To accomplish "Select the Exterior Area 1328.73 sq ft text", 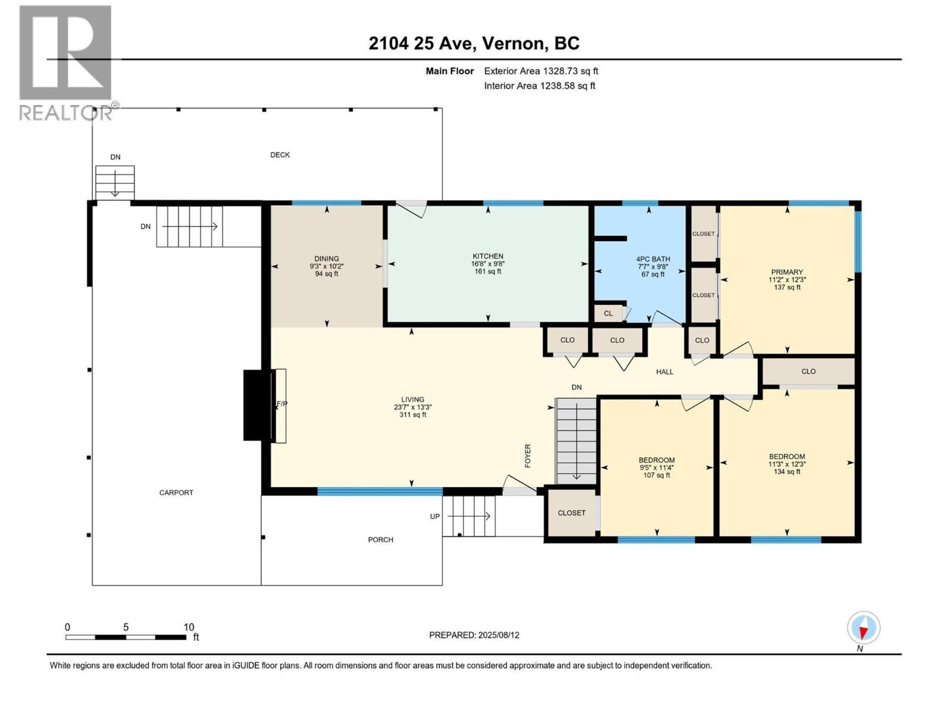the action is (x=541, y=71).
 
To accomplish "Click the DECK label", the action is (x=280, y=155).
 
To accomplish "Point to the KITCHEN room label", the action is (x=488, y=256).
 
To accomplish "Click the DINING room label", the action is (x=326, y=259).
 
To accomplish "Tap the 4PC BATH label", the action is (x=653, y=259).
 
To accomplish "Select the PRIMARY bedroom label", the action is (x=787, y=272).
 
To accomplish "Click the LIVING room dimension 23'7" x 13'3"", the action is (x=412, y=407).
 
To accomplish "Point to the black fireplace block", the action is (x=257, y=405).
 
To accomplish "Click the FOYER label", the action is (x=527, y=456).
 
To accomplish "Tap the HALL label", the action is (x=664, y=372).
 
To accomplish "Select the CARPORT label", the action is (x=176, y=492).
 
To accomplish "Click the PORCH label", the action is (x=380, y=539).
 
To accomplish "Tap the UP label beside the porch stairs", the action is (x=435, y=516).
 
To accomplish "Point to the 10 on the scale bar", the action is (x=189, y=627).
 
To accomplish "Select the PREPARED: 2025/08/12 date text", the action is (x=474, y=635).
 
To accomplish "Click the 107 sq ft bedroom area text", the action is (x=657, y=475).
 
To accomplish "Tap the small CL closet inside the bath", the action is (x=608, y=313).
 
